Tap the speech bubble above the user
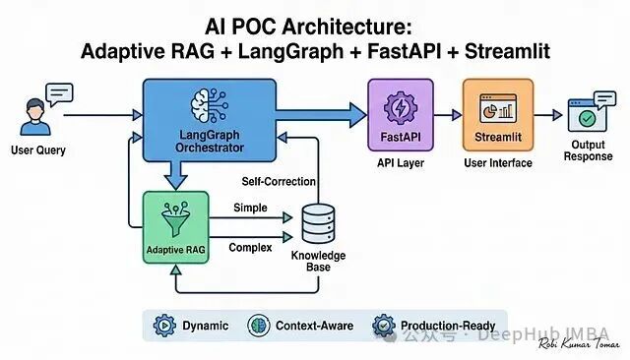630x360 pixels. pyautogui.click(x=58, y=93)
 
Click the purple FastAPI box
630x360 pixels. pyautogui.click(x=400, y=114)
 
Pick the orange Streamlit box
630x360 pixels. pyautogui.click(x=497, y=114)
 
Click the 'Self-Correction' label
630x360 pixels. pyautogui.click(x=279, y=183)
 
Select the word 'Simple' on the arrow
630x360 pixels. pyautogui.click(x=250, y=208)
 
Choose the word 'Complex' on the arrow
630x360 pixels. pyautogui.click(x=250, y=247)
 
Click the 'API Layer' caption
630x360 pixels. pyautogui.click(x=400, y=163)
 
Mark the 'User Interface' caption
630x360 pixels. pyautogui.click(x=497, y=163)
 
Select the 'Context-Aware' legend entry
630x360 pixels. pyautogui.click(x=301, y=326)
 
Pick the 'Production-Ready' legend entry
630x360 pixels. pyautogui.click(x=433, y=326)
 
